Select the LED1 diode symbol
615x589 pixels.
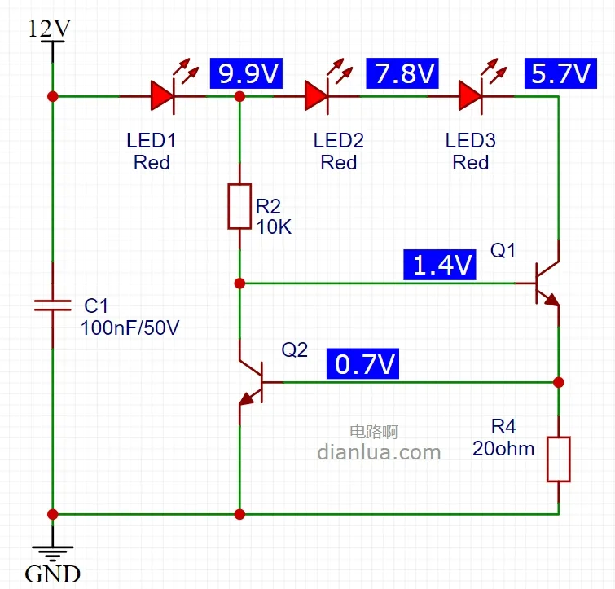coord(162,96)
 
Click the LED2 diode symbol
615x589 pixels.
coord(316,96)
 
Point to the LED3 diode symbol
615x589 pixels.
coord(470,96)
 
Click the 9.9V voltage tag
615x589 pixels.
coord(246,74)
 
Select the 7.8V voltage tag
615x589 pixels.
coord(402,74)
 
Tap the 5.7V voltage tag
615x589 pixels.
coord(559,74)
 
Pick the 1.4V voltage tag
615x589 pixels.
coord(440,264)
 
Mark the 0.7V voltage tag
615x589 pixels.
coord(363,364)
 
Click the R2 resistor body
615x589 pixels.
coord(239,206)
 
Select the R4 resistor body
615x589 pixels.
coord(559,458)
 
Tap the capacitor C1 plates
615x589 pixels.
coord(53,305)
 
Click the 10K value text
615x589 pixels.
coord(274,227)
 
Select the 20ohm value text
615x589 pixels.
coord(503,448)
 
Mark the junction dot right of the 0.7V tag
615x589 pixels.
coord(559,382)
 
